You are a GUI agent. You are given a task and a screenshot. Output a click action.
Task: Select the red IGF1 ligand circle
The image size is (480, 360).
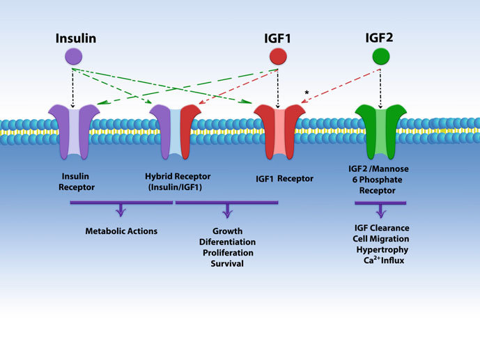(x=278, y=56)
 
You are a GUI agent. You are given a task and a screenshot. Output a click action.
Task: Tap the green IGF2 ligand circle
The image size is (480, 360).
(x=380, y=56)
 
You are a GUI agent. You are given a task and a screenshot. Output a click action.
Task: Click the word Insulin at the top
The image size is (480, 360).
(x=75, y=36)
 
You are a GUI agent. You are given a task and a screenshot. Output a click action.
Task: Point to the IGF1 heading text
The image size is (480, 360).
(x=277, y=37)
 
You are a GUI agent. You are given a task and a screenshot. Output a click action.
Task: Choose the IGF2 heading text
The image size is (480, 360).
(x=379, y=36)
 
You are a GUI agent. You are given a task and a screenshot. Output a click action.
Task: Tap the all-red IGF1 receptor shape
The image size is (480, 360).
(x=279, y=132)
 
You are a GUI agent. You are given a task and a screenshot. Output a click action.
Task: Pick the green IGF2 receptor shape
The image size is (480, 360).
(x=380, y=132)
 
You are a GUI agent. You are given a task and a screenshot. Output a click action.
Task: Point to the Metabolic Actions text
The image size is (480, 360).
(x=122, y=231)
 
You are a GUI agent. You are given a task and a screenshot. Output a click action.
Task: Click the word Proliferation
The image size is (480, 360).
(x=226, y=253)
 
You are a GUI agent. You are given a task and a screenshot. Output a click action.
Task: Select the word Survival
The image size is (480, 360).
(x=226, y=265)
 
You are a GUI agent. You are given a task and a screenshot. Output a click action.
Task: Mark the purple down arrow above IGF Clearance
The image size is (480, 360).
(x=380, y=210)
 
